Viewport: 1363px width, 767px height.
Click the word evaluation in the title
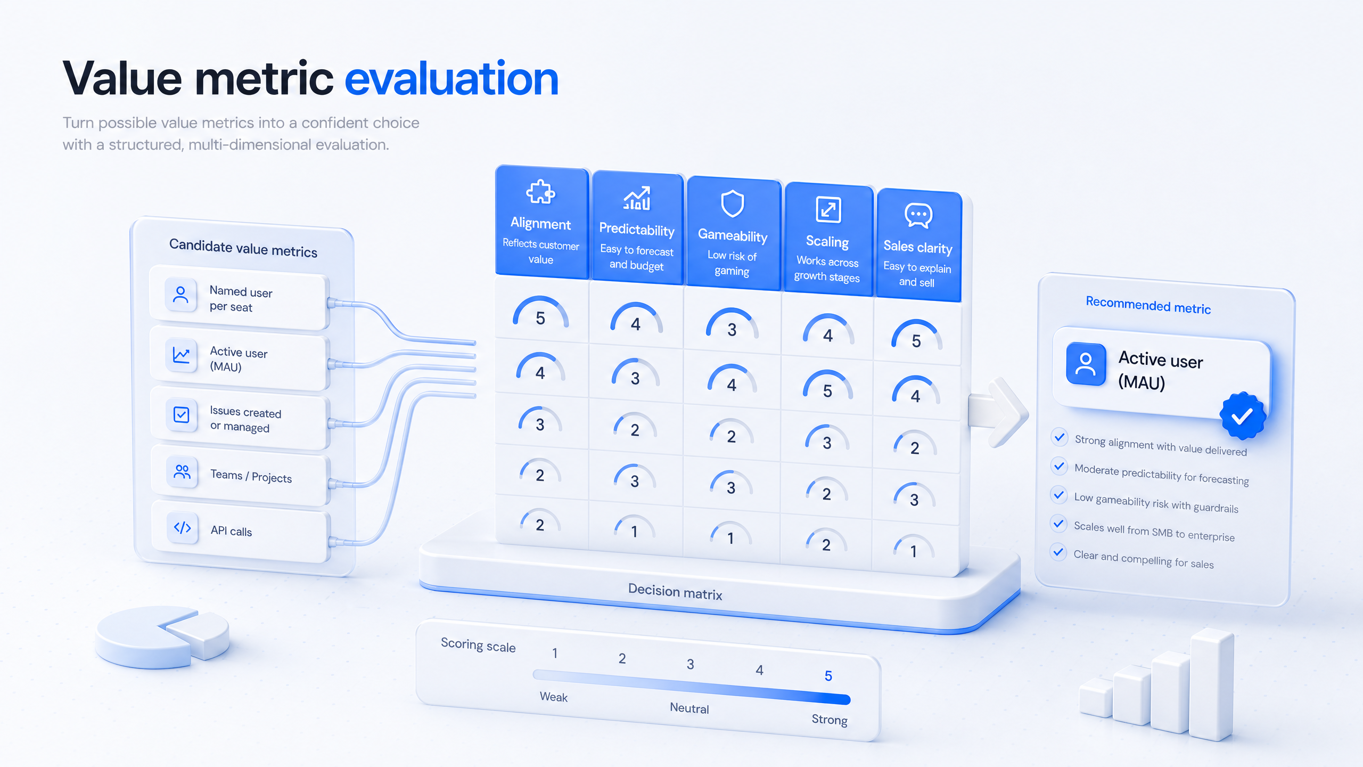(x=451, y=79)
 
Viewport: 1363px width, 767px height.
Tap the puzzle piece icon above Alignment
(x=540, y=191)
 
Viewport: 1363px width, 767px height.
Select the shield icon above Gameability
(x=732, y=203)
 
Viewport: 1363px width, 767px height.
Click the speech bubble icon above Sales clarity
(x=918, y=215)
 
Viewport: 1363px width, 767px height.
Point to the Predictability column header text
(x=637, y=230)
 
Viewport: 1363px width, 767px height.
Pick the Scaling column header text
(x=827, y=241)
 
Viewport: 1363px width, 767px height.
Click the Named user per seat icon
(x=180, y=295)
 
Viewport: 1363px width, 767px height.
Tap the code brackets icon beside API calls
(x=183, y=527)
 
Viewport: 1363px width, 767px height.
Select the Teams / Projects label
(x=251, y=476)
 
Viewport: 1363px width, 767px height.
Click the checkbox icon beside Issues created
(x=181, y=414)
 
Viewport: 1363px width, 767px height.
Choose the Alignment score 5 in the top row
(x=540, y=318)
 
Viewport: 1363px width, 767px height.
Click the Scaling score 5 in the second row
(x=827, y=391)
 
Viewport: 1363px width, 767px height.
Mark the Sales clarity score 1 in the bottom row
(x=914, y=551)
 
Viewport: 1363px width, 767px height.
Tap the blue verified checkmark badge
(x=1243, y=416)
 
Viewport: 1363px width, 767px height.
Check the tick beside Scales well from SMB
(x=1059, y=524)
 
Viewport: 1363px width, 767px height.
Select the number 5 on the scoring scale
(x=828, y=676)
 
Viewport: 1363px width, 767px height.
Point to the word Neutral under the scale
(x=689, y=708)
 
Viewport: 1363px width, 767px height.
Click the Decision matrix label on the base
(x=675, y=592)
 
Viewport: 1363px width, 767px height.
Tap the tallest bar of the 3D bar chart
(x=1211, y=684)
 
